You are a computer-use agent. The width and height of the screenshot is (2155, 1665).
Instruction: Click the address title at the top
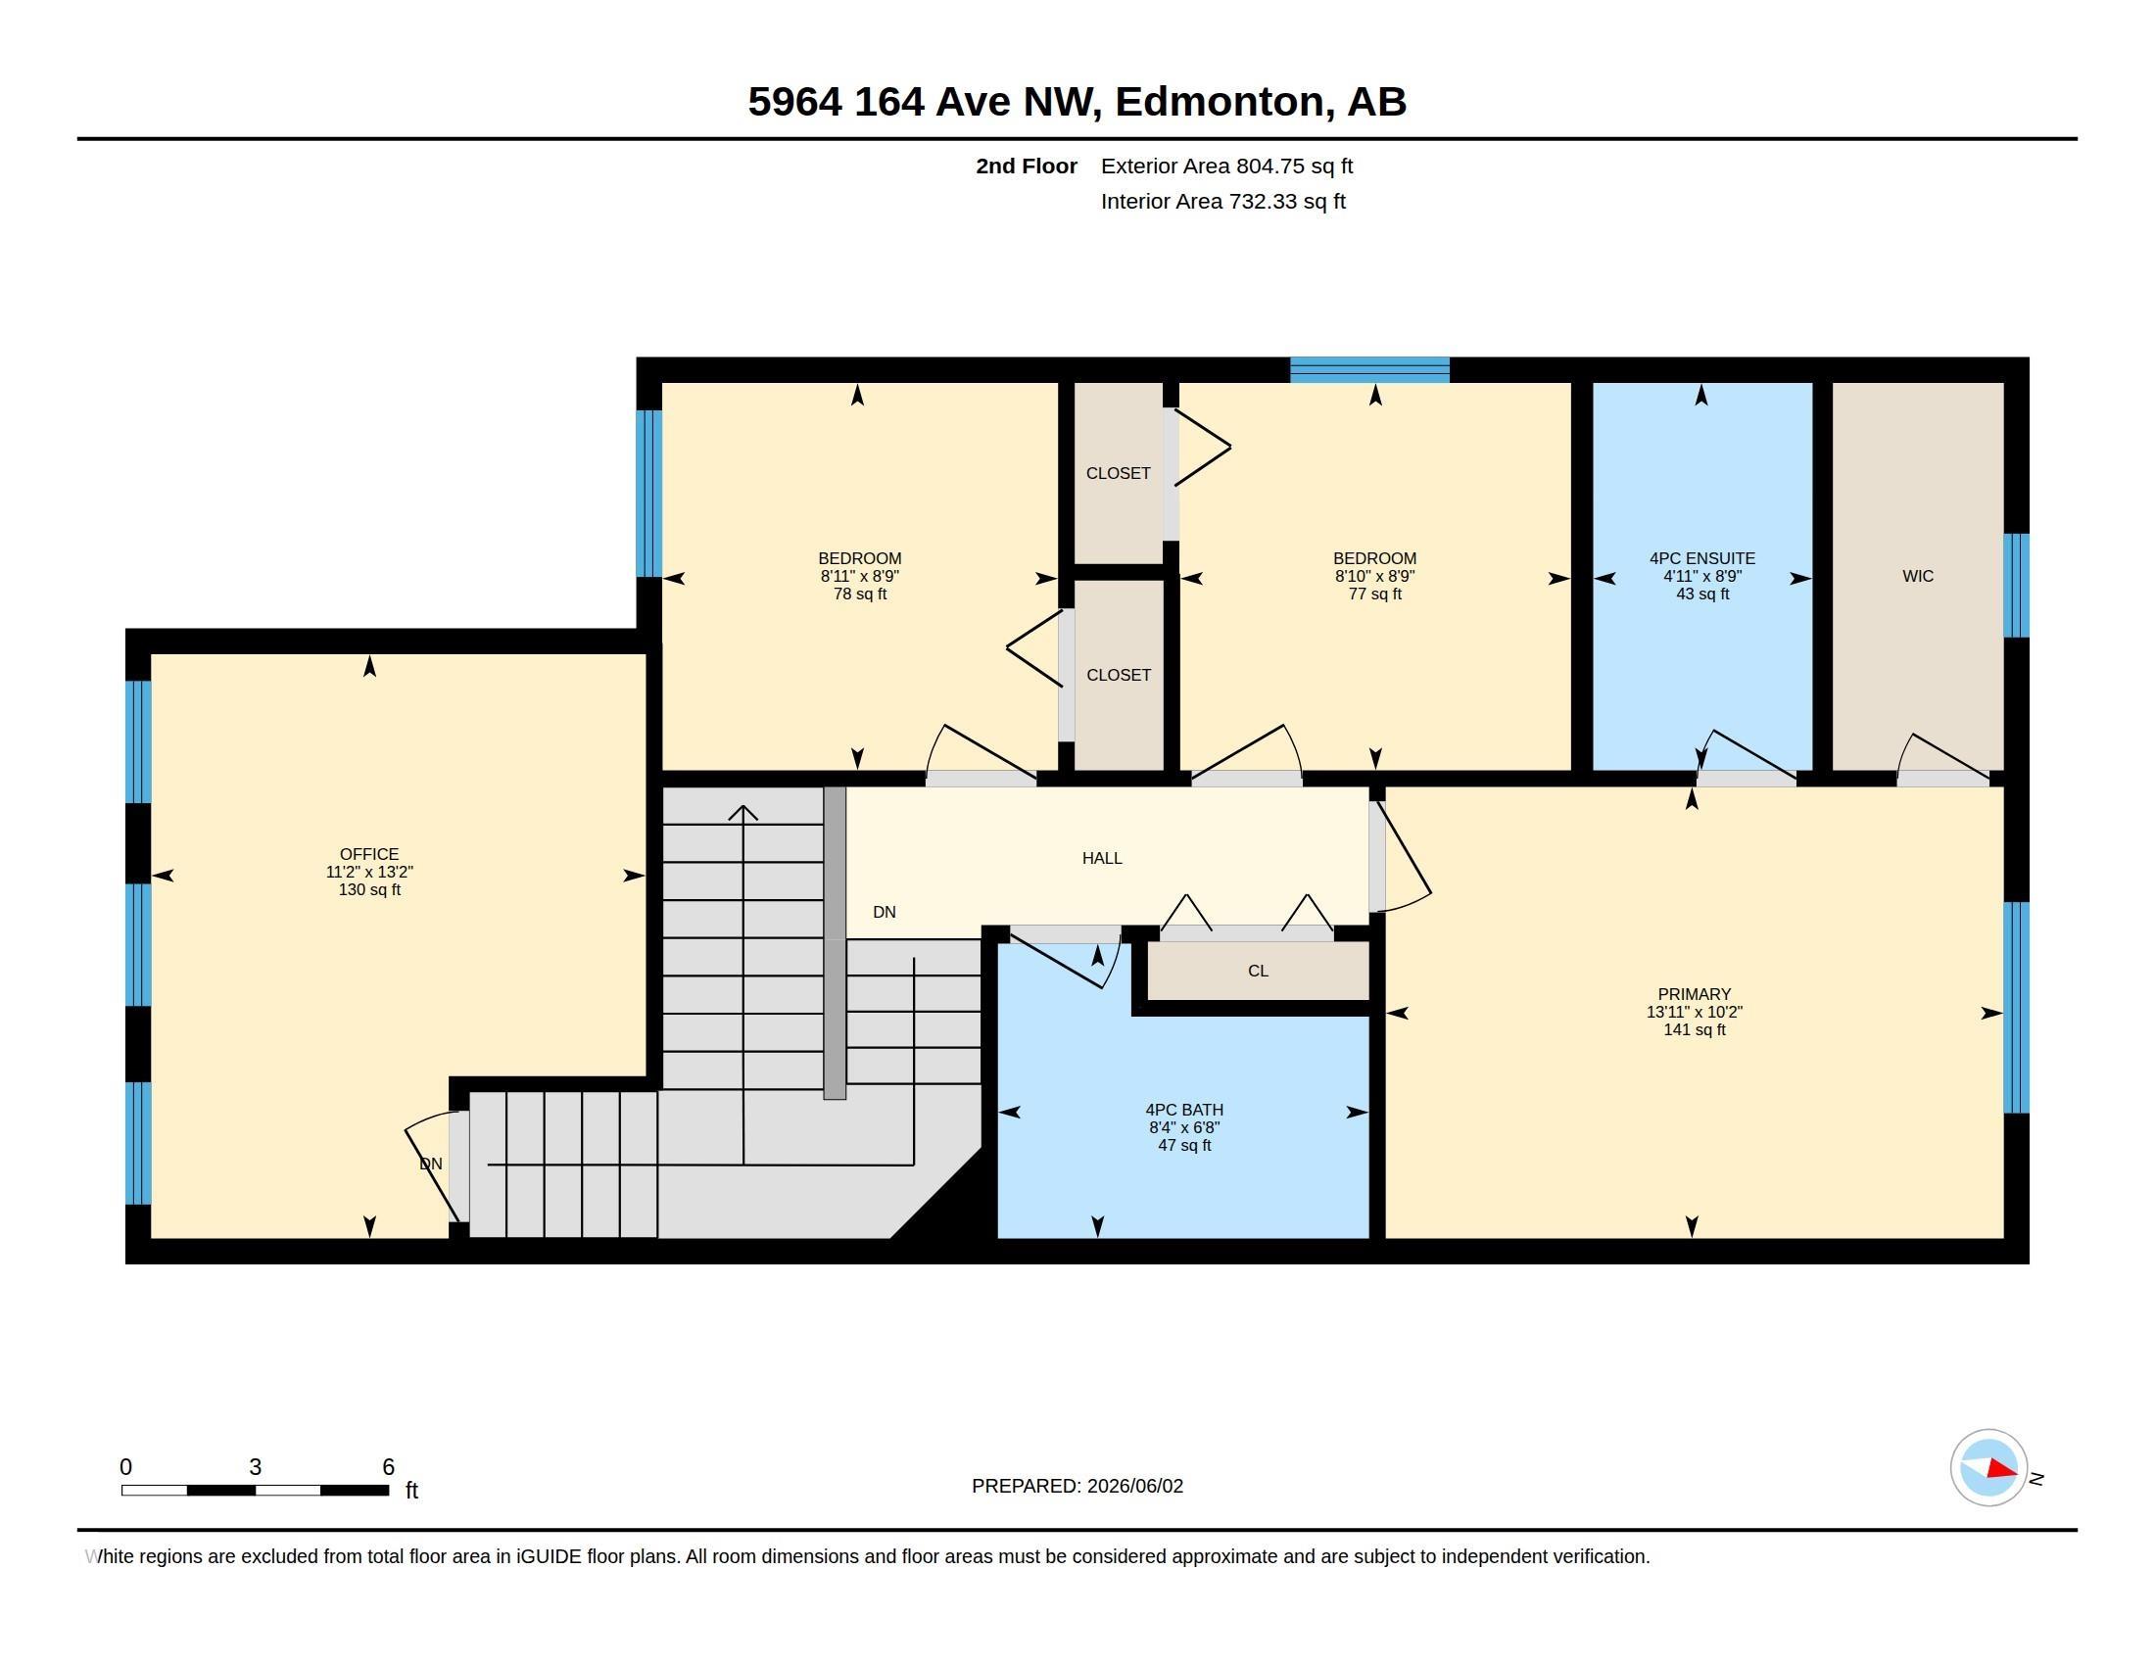coord(1077,102)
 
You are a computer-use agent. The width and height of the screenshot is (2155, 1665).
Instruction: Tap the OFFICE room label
coord(369,854)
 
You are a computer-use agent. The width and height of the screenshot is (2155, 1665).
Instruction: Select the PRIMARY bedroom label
coord(1695,994)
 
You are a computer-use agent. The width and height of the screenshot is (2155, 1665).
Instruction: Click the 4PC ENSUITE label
coord(1702,558)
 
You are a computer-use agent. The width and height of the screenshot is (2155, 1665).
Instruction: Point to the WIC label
coord(1918,576)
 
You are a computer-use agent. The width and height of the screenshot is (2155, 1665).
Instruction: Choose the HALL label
coord(1102,858)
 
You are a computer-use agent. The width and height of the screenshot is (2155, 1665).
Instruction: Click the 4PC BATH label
coord(1184,1110)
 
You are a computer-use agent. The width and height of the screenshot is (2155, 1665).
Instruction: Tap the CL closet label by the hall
coord(1258,971)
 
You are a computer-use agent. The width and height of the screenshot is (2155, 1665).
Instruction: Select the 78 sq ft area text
coord(859,594)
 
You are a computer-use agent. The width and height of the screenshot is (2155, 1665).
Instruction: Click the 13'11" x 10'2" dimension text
coord(1695,1012)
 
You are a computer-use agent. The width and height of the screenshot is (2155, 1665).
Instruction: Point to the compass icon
coord(1988,1468)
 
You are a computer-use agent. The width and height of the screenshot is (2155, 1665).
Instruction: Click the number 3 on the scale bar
coord(256,1467)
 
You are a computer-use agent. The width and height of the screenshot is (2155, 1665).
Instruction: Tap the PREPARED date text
coord(1077,1486)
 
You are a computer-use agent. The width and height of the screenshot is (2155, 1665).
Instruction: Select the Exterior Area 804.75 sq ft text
coord(1226,166)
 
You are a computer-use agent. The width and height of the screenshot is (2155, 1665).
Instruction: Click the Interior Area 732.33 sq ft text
coord(1222,201)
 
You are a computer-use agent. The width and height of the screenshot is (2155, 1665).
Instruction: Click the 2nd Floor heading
coord(1027,166)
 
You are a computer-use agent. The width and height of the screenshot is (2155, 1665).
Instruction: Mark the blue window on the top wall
coord(1369,370)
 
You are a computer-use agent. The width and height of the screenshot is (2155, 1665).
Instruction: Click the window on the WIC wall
coord(2016,585)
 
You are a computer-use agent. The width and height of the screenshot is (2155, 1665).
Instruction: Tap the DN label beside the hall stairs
coord(885,913)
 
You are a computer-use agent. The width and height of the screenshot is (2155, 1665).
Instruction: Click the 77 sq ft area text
coord(1374,594)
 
